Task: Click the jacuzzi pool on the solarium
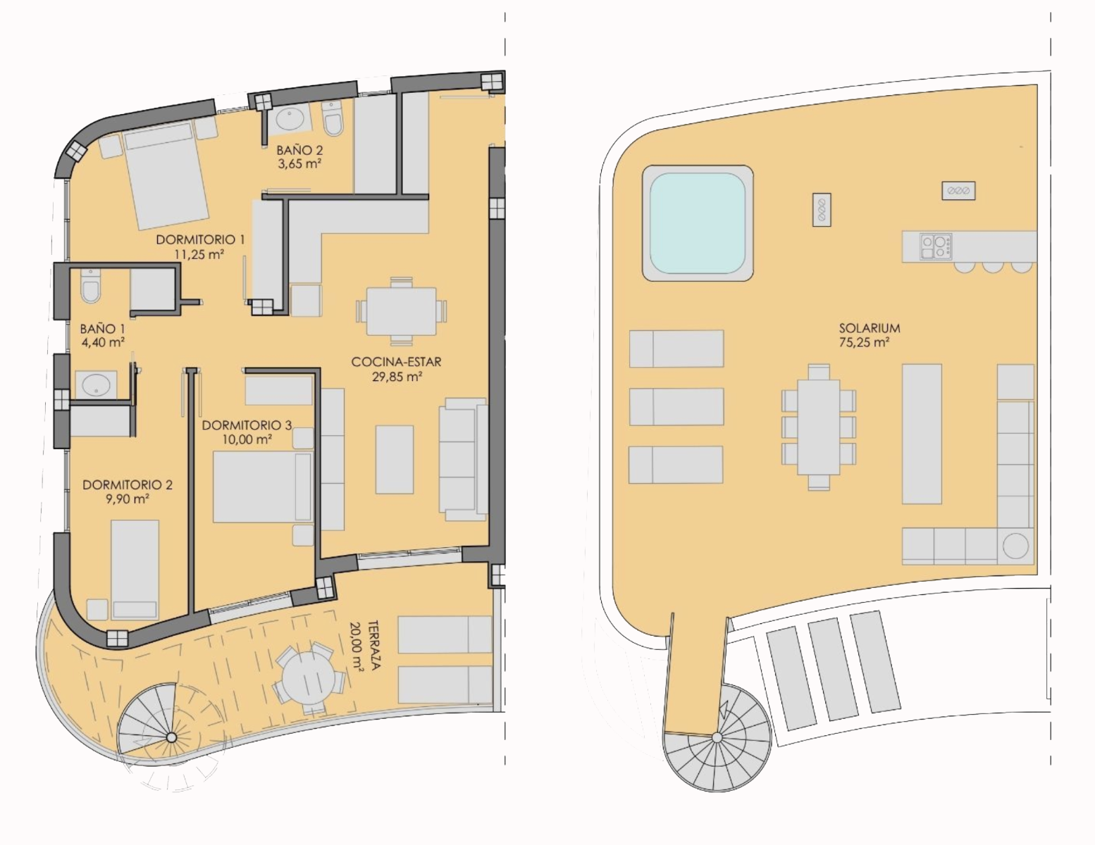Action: tap(698, 223)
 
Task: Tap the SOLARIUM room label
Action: tap(870, 328)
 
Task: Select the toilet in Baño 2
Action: tap(332, 119)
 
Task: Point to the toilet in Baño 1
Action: tap(91, 285)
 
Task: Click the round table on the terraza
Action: tap(309, 678)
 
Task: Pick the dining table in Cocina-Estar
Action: tap(401, 311)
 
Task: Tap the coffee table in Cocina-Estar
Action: tap(395, 459)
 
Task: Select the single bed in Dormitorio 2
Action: tap(135, 570)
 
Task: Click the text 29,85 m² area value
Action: tap(397, 375)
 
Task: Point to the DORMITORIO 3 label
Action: tap(247, 425)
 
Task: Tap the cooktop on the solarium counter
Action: tap(936, 246)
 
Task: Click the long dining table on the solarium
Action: tap(819, 427)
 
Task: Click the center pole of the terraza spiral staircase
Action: tap(171, 737)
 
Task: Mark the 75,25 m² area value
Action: tap(864, 342)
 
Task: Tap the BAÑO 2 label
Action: tap(299, 150)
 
